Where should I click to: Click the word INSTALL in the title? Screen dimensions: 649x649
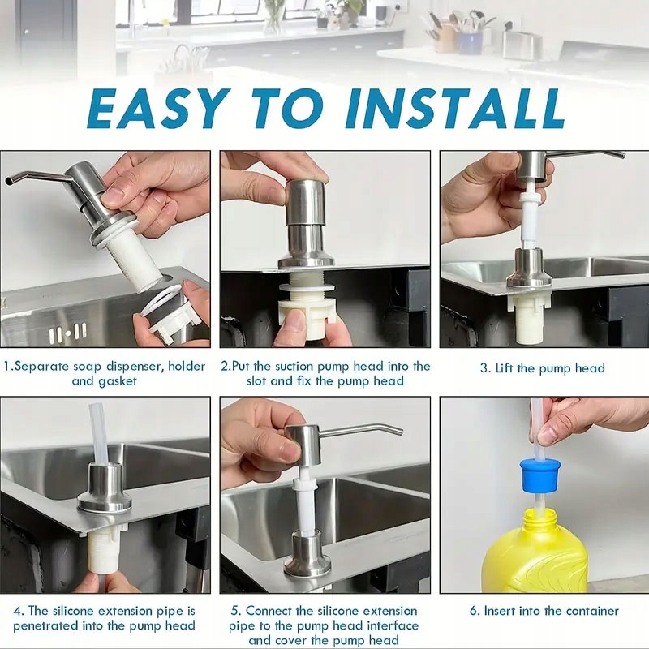(x=455, y=109)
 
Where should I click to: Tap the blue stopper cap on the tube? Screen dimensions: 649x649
(x=540, y=476)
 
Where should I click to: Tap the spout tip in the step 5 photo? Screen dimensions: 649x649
(x=399, y=432)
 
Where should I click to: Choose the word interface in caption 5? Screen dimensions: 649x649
(x=393, y=625)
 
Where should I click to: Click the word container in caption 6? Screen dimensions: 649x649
(x=592, y=611)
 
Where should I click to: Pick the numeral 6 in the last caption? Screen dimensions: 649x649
(x=473, y=611)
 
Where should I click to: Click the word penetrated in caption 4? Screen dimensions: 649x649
(x=46, y=625)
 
